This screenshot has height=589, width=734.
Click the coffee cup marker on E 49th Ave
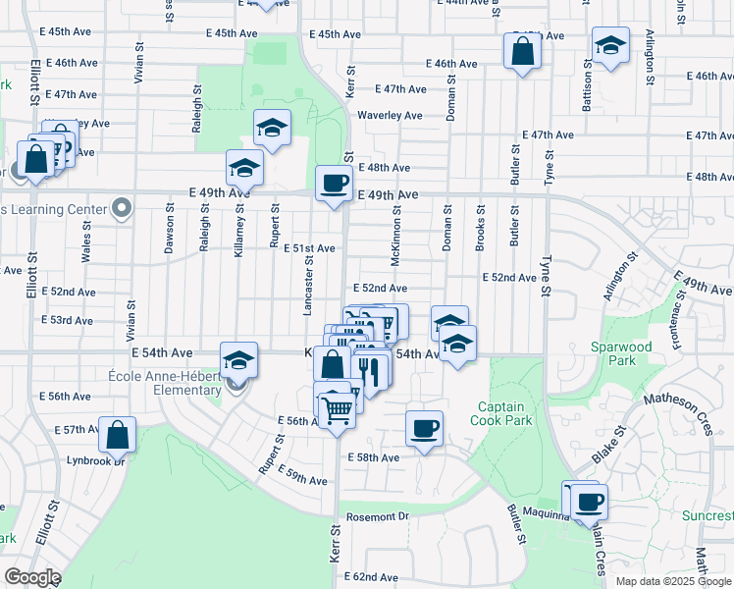click(335, 183)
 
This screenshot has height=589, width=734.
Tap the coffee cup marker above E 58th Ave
click(424, 428)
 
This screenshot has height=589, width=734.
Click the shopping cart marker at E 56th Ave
click(337, 408)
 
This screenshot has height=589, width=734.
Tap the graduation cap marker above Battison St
click(609, 45)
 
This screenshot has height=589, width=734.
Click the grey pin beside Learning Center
click(122, 208)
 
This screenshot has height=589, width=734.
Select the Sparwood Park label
click(620, 353)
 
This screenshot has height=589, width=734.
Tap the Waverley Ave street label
click(390, 115)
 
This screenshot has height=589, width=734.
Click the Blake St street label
click(608, 445)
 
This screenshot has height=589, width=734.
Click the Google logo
click(32, 577)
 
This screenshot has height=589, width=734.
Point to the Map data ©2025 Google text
click(673, 581)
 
